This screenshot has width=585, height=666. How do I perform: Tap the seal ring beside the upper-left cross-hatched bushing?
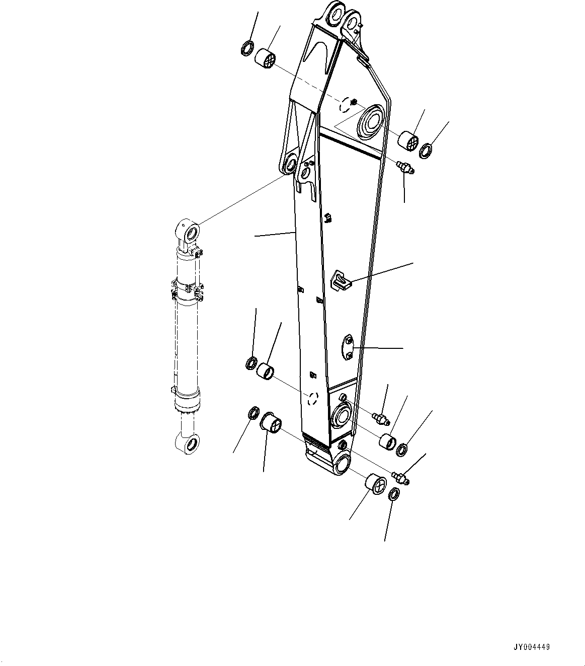coord(247,48)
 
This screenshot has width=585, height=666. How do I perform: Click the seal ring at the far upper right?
coord(426,151)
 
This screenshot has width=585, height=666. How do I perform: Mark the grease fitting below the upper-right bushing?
coord(404,168)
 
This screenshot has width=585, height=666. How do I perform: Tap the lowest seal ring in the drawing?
coord(395,494)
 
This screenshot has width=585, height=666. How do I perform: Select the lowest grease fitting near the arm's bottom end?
coord(401,476)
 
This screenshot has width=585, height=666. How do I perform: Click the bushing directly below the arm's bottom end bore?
coord(376,484)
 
